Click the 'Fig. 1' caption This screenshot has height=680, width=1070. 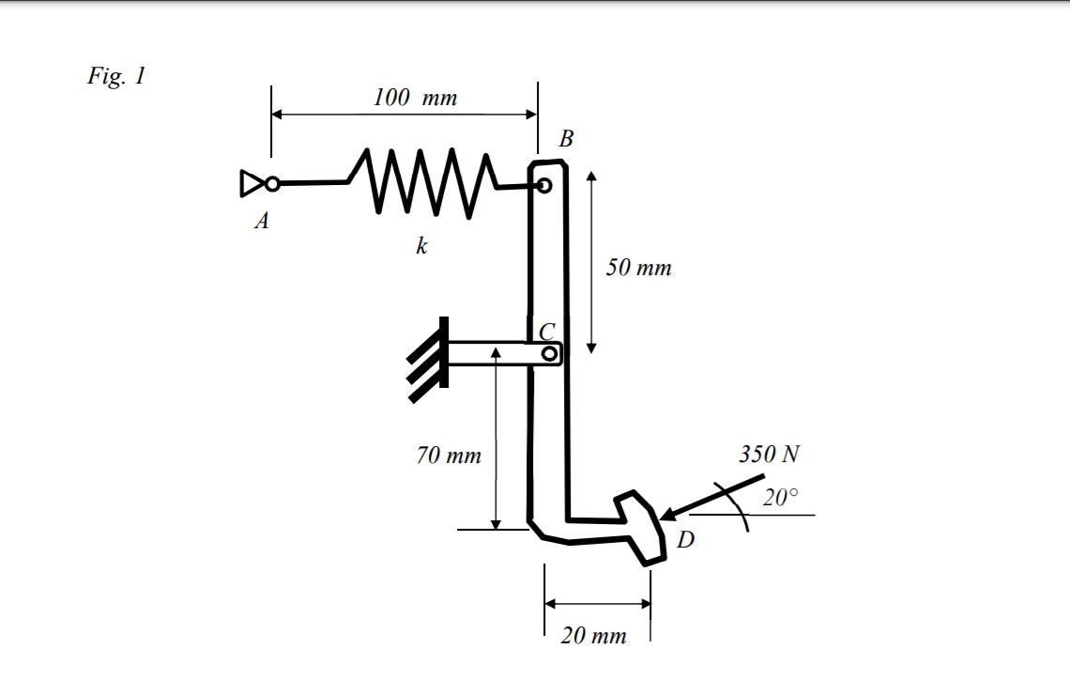116,76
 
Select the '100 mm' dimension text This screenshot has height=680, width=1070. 415,98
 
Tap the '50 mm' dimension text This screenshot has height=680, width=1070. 638,268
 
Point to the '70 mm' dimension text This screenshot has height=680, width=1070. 449,456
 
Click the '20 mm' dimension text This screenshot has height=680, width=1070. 593,636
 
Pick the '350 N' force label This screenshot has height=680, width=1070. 769,455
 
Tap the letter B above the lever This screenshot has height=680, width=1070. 565,140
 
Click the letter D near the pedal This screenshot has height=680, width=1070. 686,540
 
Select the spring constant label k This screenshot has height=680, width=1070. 421,246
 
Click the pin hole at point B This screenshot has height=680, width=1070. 543,186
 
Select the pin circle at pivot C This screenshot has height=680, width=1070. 549,354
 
